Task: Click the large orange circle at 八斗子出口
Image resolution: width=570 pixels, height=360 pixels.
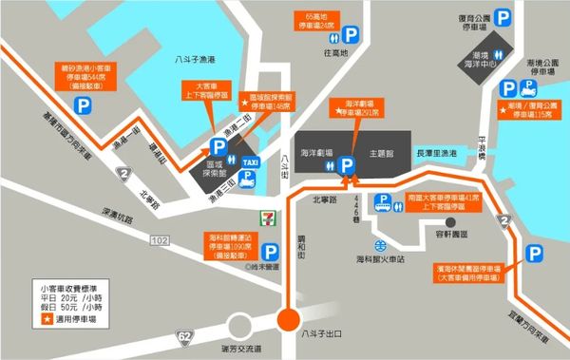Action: pyautogui.click(x=290, y=320)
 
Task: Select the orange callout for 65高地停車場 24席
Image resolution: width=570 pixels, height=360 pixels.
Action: pyautogui.click(x=317, y=21)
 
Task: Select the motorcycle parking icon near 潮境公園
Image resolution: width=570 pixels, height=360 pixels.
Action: pyautogui.click(x=532, y=86)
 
